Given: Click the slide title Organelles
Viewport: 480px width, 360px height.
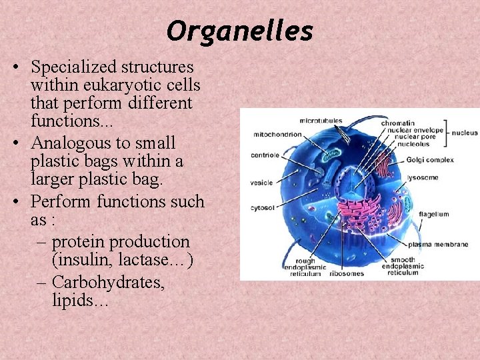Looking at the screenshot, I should click(239, 31).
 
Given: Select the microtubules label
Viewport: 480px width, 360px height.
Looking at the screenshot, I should click(321, 121).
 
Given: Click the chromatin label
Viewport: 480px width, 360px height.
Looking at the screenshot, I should click(398, 123).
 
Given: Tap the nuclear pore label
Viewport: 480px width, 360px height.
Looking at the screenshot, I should click(415, 137).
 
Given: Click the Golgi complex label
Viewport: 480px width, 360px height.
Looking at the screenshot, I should click(430, 160).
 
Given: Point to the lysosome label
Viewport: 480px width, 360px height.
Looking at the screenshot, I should click(423, 178).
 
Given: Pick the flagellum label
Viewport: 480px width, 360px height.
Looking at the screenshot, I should click(434, 215).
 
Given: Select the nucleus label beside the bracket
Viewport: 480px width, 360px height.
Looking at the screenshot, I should click(465, 133).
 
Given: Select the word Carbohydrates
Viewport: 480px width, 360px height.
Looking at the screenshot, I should click(108, 282).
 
